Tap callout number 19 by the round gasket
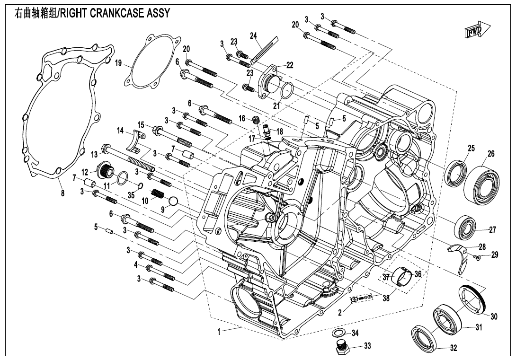point(118,63)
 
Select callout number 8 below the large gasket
point(62,192)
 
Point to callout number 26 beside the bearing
point(491,153)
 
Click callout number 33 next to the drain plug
point(367,346)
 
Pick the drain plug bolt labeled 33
point(340,348)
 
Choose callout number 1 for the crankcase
point(219,332)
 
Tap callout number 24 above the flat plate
point(253,36)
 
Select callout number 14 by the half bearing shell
point(120,130)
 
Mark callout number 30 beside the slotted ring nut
point(494,316)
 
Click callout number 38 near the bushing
point(386,299)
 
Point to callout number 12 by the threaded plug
point(85,172)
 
